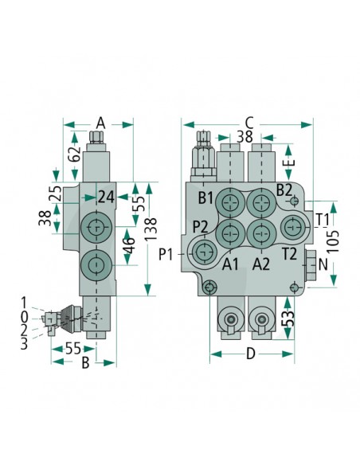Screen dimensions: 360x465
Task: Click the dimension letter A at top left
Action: pos(101,123)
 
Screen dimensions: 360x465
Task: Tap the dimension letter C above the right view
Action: pos(249,123)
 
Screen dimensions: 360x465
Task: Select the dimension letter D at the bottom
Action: pos(251,354)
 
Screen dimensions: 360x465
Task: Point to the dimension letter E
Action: pos(292,162)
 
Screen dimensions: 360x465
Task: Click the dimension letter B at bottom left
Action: pos(85,362)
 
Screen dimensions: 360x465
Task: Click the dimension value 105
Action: pos(333,241)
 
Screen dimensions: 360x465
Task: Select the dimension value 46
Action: pos(129,246)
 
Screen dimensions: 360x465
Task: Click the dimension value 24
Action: pos(106,197)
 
